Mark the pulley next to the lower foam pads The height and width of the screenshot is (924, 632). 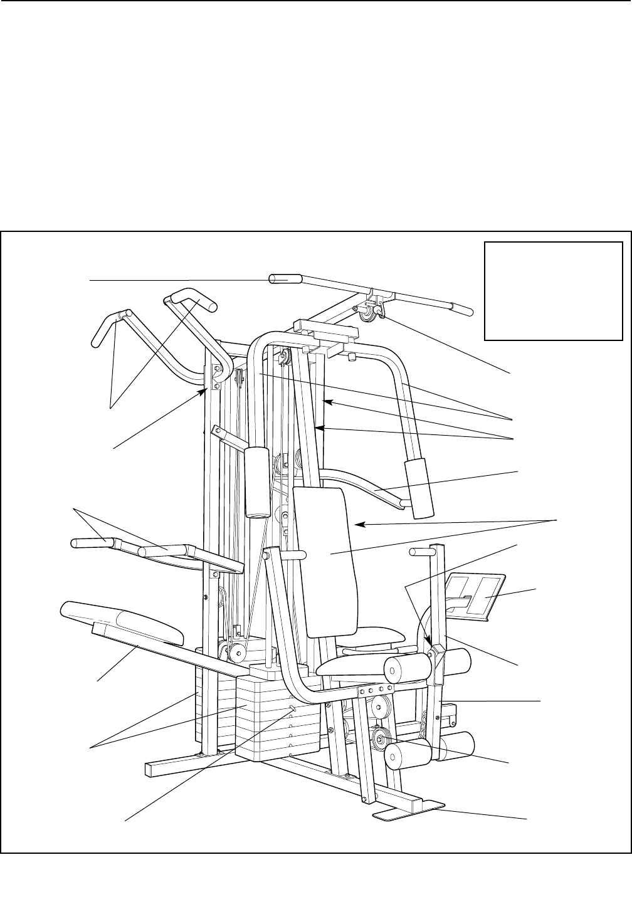(x=381, y=738)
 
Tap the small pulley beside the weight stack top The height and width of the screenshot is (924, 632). (x=235, y=653)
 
